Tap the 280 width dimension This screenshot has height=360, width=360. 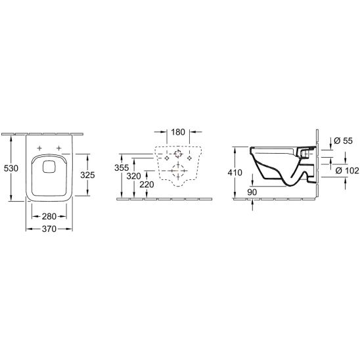tap(49, 215)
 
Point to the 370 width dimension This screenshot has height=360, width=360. tap(49, 229)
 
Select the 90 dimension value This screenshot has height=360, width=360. tap(252, 192)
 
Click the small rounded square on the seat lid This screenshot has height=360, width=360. tap(49, 167)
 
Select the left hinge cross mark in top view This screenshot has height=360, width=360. tap(41, 146)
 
